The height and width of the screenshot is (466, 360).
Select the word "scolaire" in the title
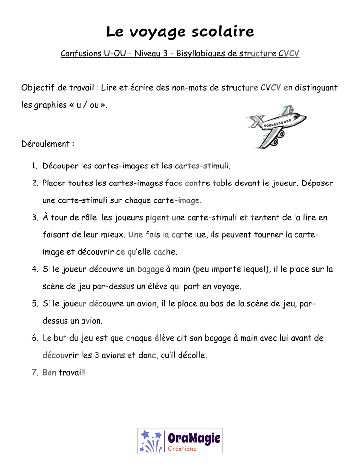tap(223, 31)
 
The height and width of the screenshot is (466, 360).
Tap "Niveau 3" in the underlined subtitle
tap(151, 53)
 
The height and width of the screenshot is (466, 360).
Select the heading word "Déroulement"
tap(46, 144)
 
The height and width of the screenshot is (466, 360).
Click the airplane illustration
tap(276, 126)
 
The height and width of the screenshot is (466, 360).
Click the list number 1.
tap(34, 166)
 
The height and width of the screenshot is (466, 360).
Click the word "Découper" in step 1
tap(60, 166)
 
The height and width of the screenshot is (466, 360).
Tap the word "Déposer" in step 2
tap(317, 183)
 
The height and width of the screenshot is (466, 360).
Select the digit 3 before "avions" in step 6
tap(97, 355)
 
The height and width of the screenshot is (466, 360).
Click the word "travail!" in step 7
tap(72, 373)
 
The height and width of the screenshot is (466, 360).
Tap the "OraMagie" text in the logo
tap(194, 438)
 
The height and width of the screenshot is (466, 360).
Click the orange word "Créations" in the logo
tap(182, 449)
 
